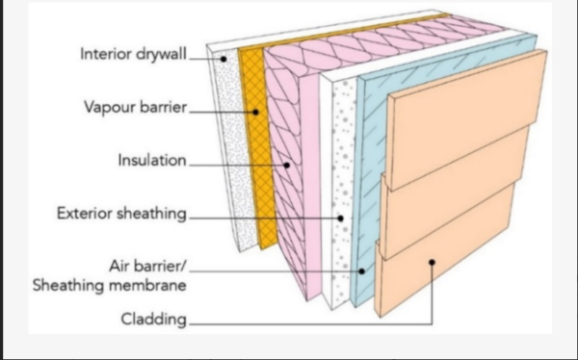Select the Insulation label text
151,160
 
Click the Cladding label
153,318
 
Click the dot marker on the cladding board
433,260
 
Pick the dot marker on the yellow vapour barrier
256,113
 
